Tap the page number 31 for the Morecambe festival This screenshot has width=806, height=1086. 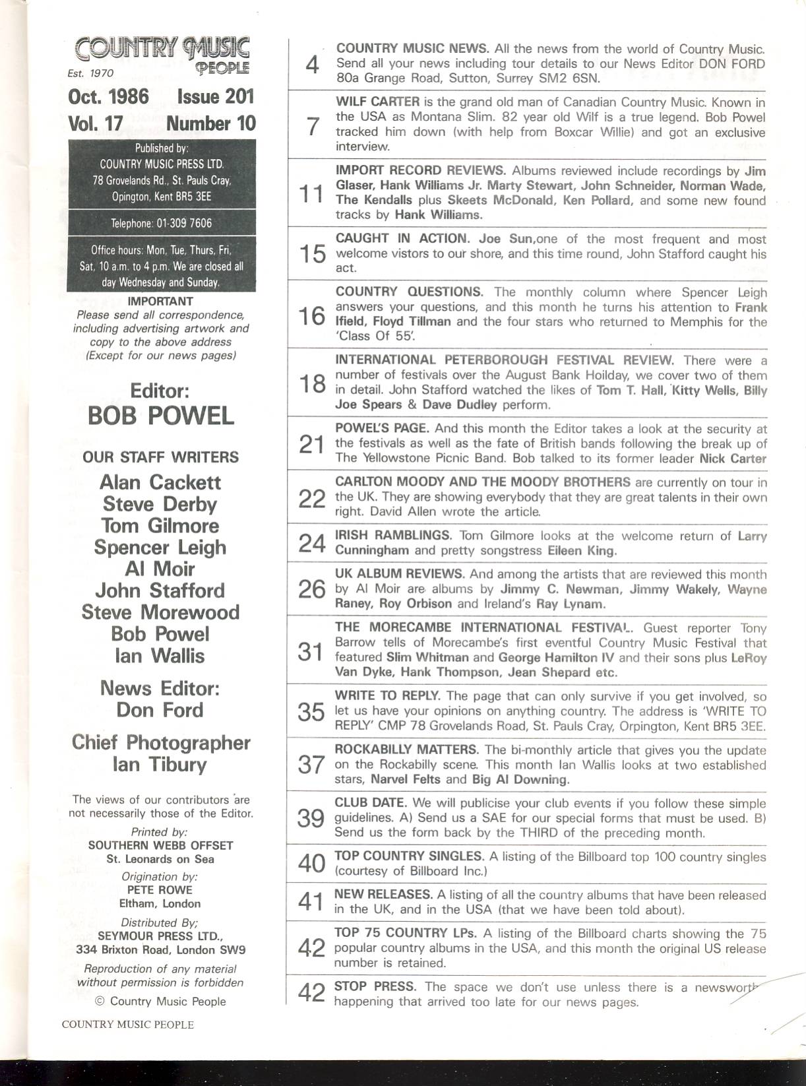coord(311,651)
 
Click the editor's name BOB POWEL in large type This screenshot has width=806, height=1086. coord(161,416)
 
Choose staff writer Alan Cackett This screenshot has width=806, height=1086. coord(160,482)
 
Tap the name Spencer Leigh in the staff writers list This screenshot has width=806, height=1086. coord(160,548)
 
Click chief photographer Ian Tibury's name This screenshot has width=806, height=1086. coord(160,765)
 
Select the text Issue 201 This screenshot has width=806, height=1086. coord(215,96)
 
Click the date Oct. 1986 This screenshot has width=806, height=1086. coord(108,96)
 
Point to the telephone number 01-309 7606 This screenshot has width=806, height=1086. coord(184,223)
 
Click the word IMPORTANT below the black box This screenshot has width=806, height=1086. coord(160,302)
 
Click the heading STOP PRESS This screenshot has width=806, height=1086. coord(375,987)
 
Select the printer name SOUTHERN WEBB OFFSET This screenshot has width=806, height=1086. coord(160,845)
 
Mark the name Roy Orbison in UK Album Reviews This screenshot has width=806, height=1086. coord(420,604)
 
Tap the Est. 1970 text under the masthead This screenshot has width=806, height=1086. coord(90,74)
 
